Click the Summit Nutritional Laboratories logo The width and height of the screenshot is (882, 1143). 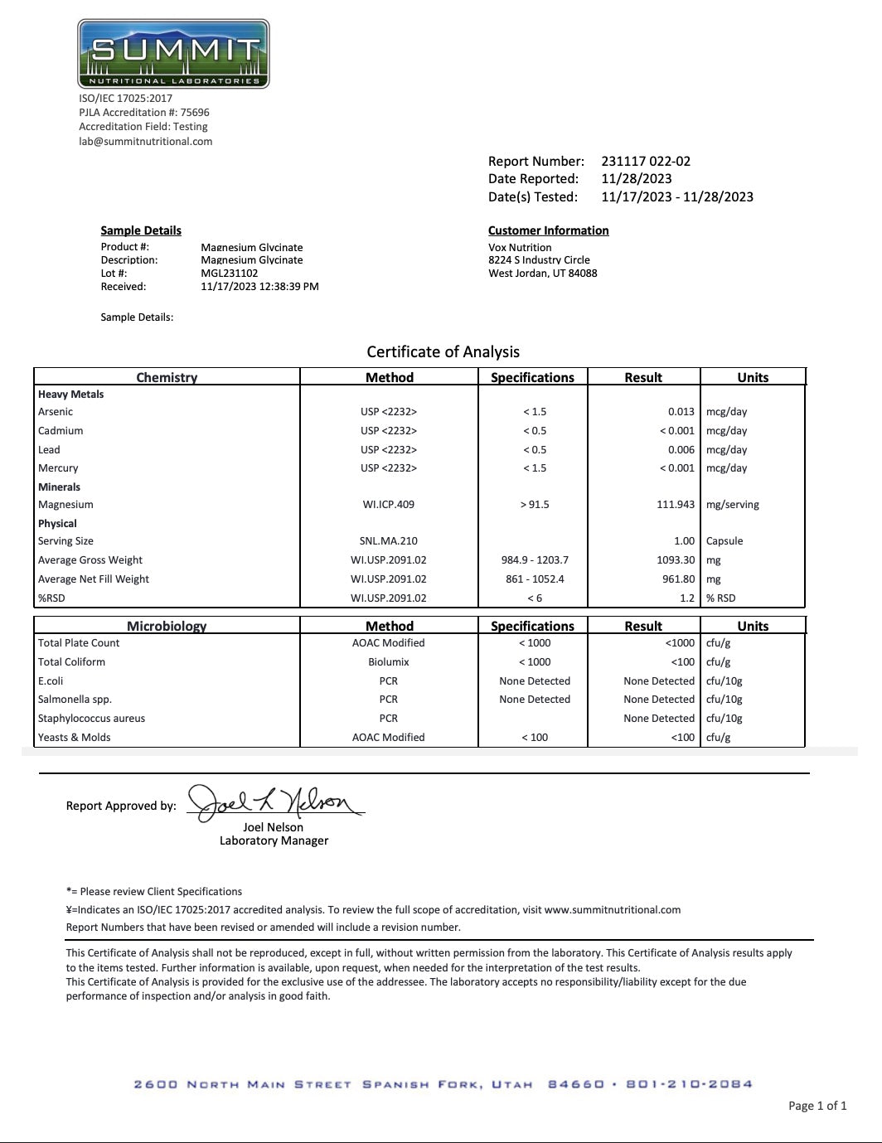pyautogui.click(x=173, y=54)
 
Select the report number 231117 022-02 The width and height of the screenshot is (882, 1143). pyautogui.click(x=646, y=162)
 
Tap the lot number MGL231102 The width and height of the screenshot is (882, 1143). pyautogui.click(x=230, y=273)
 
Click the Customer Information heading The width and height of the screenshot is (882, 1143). pyautogui.click(x=548, y=230)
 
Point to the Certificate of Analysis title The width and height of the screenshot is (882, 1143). pyautogui.click(x=443, y=351)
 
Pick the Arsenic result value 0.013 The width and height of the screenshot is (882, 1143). pyautogui.click(x=681, y=412)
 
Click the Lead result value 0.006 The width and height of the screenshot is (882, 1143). pyautogui.click(x=681, y=450)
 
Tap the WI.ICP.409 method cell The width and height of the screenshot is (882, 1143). pyautogui.click(x=388, y=505)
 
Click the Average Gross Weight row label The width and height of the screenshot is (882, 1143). pyautogui.click(x=90, y=560)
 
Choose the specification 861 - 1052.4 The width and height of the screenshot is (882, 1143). pyautogui.click(x=535, y=579)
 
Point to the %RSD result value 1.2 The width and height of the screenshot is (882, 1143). pyautogui.click(x=687, y=598)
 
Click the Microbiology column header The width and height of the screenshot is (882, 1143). pyautogui.click(x=167, y=626)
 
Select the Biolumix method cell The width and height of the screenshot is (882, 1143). pyautogui.click(x=388, y=662)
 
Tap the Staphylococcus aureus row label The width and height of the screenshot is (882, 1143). pyautogui.click(x=91, y=719)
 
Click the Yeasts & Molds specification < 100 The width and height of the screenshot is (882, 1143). pyautogui.click(x=535, y=738)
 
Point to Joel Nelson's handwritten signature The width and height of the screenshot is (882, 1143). pyautogui.click(x=273, y=802)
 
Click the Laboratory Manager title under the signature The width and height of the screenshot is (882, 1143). pyautogui.click(x=274, y=840)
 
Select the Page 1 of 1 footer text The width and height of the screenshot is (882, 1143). pyautogui.click(x=817, y=1106)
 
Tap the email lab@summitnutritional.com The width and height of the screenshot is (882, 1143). pyautogui.click(x=146, y=142)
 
